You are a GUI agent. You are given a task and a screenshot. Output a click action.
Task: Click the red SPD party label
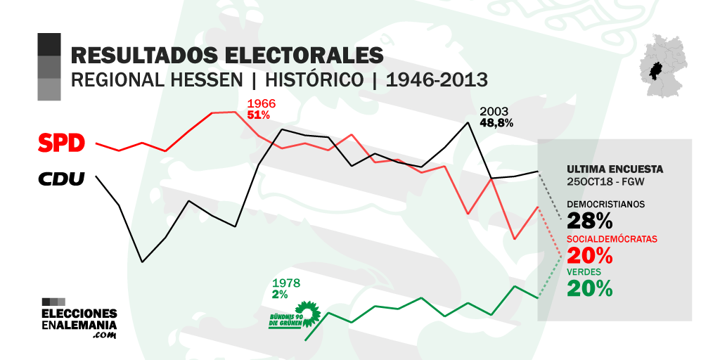pos(61,143)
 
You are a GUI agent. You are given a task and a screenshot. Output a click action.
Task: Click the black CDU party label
pos(61,179)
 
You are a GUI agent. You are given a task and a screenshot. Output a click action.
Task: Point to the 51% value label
pos(259,115)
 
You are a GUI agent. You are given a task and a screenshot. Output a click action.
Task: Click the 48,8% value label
pos(496,122)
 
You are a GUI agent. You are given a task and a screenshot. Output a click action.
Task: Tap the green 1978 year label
pos(286,283)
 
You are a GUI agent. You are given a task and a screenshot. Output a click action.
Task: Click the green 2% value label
pos(280,294)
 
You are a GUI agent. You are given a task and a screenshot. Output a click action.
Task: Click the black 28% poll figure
pos(590,221)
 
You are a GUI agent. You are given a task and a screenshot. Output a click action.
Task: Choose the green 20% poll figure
pos(590,288)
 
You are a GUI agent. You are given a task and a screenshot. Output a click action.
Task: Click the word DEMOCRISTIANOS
pos(605,205)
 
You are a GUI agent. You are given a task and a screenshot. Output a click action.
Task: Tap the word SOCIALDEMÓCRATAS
pos(612,239)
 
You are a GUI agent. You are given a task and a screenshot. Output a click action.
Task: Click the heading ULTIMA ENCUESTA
pos(615,169)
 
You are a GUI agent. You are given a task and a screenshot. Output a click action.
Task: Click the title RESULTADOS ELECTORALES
pos(227,55)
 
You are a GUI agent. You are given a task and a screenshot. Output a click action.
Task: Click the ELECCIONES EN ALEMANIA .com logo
pos(79,319)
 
